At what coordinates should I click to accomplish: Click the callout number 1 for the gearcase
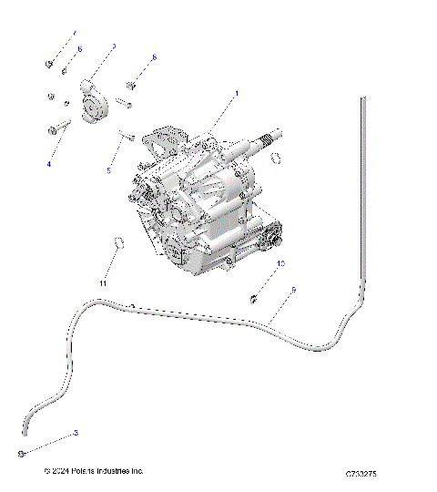237,93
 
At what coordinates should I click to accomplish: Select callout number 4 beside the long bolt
49,164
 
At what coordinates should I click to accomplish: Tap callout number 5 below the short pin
108,170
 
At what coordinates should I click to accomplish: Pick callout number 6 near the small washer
78,48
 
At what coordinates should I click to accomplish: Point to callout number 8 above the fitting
154,57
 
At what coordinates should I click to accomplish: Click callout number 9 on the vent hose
293,290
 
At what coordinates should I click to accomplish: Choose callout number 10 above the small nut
280,263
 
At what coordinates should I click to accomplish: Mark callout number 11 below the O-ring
103,283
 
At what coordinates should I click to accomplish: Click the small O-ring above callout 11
117,242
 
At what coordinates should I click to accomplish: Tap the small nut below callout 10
254,297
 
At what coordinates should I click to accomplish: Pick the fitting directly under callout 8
130,86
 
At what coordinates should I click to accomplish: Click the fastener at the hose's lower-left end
19,453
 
